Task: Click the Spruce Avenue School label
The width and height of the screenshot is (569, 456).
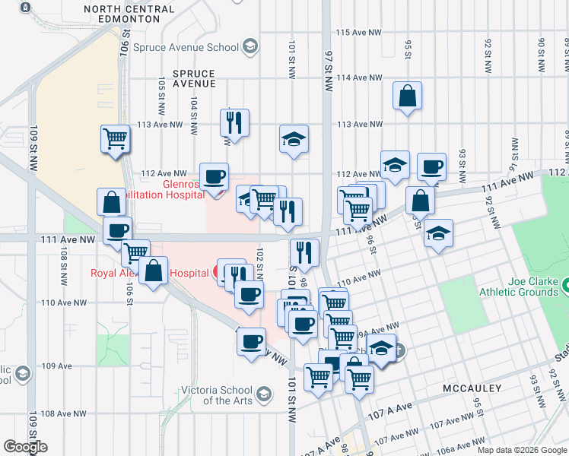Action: (186, 47)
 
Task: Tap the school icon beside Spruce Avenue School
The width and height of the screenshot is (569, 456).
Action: (250, 47)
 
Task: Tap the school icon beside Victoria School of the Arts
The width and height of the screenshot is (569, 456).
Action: (263, 394)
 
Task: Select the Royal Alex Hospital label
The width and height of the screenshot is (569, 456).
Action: (150, 273)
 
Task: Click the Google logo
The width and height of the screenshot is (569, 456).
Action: (25, 447)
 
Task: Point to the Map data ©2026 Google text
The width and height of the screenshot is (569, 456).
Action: (521, 450)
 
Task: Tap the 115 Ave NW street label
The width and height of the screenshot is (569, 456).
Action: (358, 33)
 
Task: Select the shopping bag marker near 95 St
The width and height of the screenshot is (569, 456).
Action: (408, 97)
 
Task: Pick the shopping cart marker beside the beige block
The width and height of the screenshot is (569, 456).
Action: (116, 140)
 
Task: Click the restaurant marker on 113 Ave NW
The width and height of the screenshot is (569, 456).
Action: (234, 122)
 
